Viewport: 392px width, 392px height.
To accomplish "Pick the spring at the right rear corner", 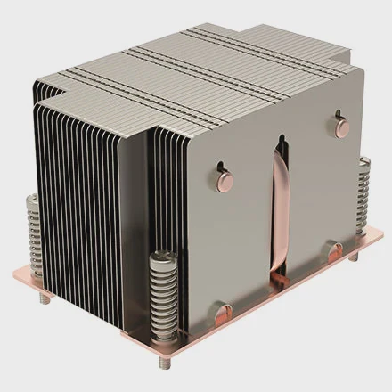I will [364, 191].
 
